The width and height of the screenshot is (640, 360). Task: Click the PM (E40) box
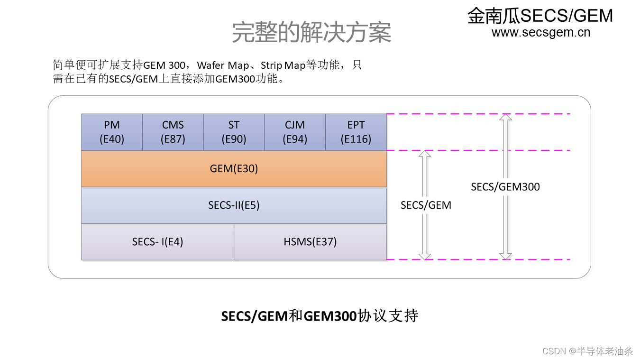tap(112, 132)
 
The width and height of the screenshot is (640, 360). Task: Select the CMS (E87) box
tap(173, 132)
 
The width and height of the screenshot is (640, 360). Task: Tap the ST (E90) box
tap(234, 132)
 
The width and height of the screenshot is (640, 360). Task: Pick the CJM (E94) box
tap(295, 132)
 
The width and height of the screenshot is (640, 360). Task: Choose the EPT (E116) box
tap(356, 132)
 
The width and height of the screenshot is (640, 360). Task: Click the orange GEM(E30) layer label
tap(234, 168)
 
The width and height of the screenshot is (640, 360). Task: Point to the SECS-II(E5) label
tap(234, 205)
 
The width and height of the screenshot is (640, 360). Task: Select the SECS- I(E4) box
tap(157, 241)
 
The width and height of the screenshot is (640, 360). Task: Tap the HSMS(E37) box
tap(310, 241)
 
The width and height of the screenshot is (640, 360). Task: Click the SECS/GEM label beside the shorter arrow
tap(426, 205)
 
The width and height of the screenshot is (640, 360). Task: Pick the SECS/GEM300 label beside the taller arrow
tap(505, 187)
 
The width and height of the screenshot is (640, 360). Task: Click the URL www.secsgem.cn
tap(541, 32)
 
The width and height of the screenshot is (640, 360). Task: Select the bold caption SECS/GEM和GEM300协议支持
tap(320, 316)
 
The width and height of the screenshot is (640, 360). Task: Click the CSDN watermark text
tap(587, 351)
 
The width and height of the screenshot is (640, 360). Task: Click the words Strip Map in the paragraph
tap(283, 65)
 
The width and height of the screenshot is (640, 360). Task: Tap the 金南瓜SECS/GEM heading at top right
tap(540, 16)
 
